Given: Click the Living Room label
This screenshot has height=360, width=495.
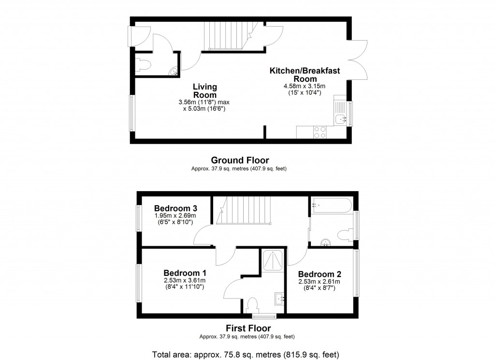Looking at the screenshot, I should tap(205, 90).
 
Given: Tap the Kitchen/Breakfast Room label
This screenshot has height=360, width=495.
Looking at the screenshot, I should tap(305, 75).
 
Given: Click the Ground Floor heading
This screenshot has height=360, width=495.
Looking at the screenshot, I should tap(240, 160).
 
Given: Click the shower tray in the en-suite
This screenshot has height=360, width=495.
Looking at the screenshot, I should tap(273, 262).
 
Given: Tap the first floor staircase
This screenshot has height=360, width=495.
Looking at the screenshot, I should tap(243, 211).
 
